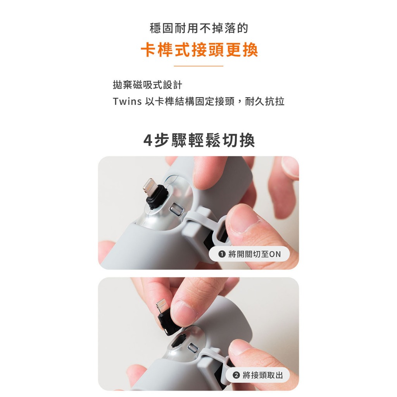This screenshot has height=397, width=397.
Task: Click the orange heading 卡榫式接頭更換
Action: pos(199,50)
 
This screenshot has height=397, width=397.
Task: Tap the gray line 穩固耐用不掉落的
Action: pos(199,28)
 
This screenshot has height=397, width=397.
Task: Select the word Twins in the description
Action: pos(127,101)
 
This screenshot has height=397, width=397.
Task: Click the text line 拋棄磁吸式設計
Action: pos(147,85)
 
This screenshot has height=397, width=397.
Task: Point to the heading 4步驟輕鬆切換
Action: pos(199,140)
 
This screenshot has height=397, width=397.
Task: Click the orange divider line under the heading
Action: pos(198,66)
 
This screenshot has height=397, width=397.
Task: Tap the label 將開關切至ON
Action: pos(254,254)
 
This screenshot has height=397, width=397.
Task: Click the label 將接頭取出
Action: pos(263,375)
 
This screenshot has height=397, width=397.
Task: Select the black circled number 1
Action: pos(222,254)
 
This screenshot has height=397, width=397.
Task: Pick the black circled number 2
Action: pos(236,375)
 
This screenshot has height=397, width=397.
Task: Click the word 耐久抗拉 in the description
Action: pos(264,101)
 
